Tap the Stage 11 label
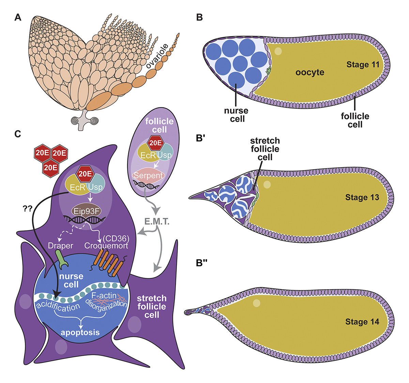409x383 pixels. (x=363, y=65)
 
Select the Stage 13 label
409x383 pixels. (x=362, y=197)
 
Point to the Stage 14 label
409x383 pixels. (x=362, y=322)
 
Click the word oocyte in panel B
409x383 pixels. (x=310, y=73)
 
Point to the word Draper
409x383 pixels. (x=61, y=245)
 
